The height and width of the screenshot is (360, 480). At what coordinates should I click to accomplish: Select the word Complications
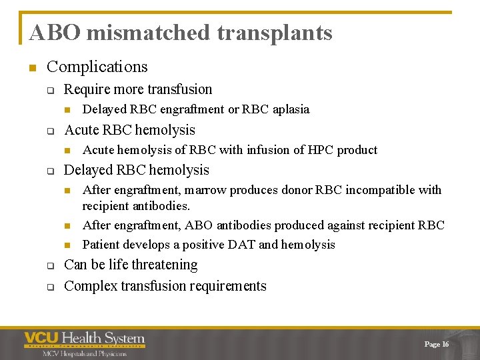(x=97, y=67)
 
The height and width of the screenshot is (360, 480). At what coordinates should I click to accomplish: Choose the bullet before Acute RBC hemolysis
(x=49, y=131)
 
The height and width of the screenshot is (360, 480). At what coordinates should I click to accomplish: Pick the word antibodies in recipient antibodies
(x=163, y=206)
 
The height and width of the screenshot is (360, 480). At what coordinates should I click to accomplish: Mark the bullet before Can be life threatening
(x=49, y=266)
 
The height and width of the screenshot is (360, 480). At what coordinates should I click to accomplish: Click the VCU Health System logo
(x=84, y=343)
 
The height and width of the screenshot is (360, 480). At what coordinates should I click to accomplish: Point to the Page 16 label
(x=436, y=344)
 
